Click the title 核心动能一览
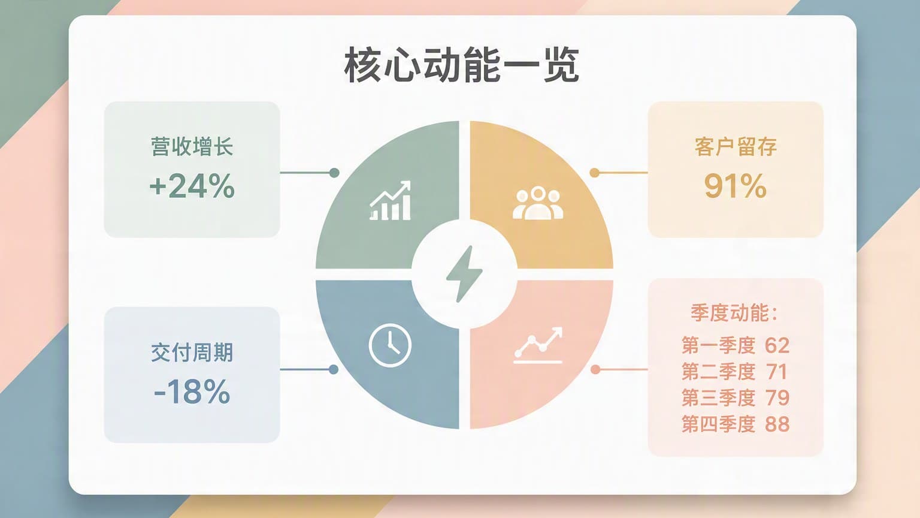[x=461, y=65]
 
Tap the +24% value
[x=192, y=186]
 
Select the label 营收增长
[x=192, y=147]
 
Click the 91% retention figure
[x=735, y=186]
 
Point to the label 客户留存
[x=736, y=147]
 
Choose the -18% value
[x=192, y=391]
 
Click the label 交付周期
[x=192, y=353]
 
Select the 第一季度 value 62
[x=777, y=345]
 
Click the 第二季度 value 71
[x=776, y=372]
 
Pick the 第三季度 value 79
[x=777, y=397]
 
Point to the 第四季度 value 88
[x=777, y=424]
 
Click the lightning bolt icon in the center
[x=464, y=274]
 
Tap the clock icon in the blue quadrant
[x=390, y=345]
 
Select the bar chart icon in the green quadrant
[x=390, y=200]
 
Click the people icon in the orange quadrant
[x=538, y=203]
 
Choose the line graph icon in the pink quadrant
[x=538, y=345]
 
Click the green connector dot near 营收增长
[x=334, y=173]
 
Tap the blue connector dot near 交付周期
[x=334, y=369]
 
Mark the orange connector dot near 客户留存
[x=594, y=173]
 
